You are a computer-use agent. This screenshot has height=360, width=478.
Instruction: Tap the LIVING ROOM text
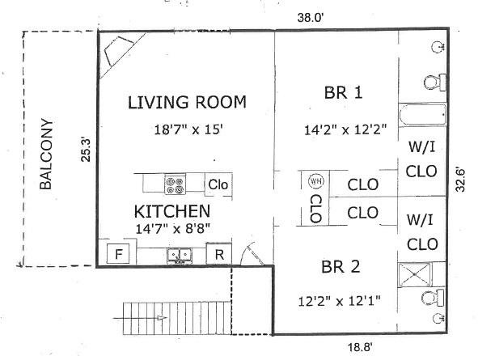pyautogui.click(x=187, y=102)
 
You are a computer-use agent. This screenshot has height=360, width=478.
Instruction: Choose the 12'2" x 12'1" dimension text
pyautogui.click(x=339, y=301)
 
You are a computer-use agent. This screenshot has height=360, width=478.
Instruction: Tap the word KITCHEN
pyautogui.click(x=172, y=211)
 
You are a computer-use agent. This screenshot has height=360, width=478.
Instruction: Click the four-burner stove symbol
pyautogui.click(x=176, y=184)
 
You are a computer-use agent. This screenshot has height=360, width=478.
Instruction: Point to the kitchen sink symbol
pyautogui.click(x=180, y=256)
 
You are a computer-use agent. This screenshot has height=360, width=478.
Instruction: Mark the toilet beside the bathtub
pyautogui.click(x=433, y=81)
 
